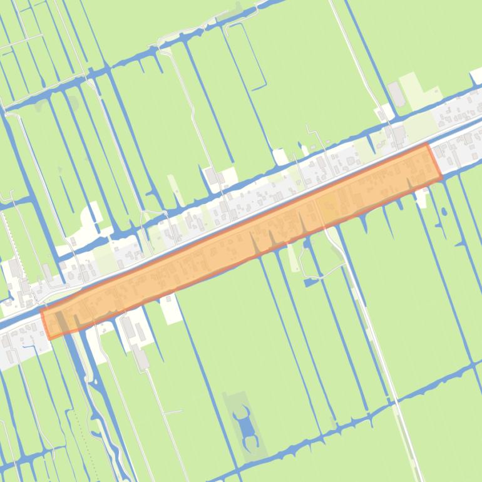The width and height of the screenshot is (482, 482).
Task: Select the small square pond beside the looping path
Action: click(x=311, y=282)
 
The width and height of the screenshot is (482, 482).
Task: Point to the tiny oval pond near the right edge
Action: click(x=444, y=212)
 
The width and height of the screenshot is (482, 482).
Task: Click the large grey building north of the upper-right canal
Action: click(x=396, y=94)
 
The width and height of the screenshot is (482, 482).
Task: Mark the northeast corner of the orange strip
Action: click(x=428, y=145)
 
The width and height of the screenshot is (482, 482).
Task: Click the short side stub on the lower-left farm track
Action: click(x=172, y=412)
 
